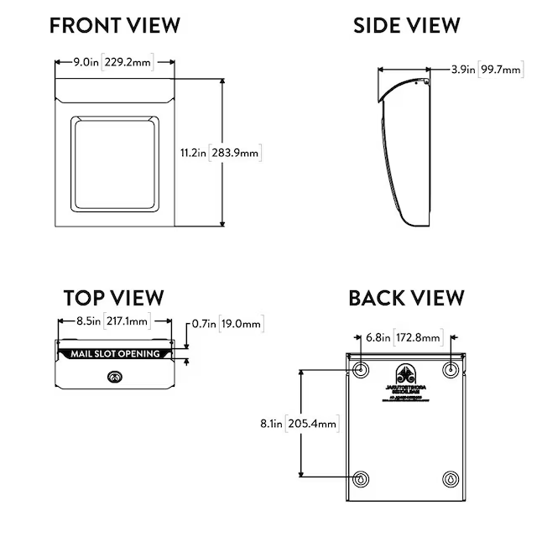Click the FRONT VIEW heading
[114, 25]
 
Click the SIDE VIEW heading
[406, 25]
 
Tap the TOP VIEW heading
[113, 298]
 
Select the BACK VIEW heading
[406, 298]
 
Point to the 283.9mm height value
[237, 153]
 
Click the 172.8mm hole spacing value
[420, 338]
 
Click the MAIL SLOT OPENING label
[115, 354]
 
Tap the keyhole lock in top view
[114, 378]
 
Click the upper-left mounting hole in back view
[361, 369]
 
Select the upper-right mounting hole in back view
[451, 369]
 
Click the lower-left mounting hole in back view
[361, 479]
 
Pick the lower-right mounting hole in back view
[451, 479]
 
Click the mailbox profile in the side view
[401, 151]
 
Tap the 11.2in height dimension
[193, 153]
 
